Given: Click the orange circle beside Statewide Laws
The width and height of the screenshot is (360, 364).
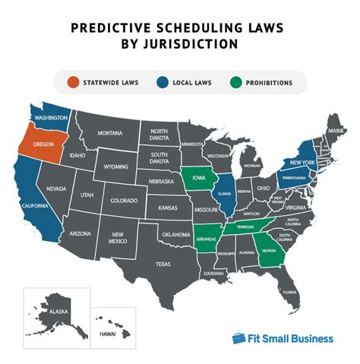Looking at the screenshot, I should (x=73, y=82).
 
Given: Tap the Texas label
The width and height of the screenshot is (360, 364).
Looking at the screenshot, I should (x=163, y=264).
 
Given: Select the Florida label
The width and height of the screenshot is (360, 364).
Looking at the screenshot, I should (x=288, y=292).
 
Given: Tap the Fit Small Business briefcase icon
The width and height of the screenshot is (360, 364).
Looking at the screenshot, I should (x=238, y=337).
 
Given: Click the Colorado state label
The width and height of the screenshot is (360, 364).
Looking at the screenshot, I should (x=123, y=202).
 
